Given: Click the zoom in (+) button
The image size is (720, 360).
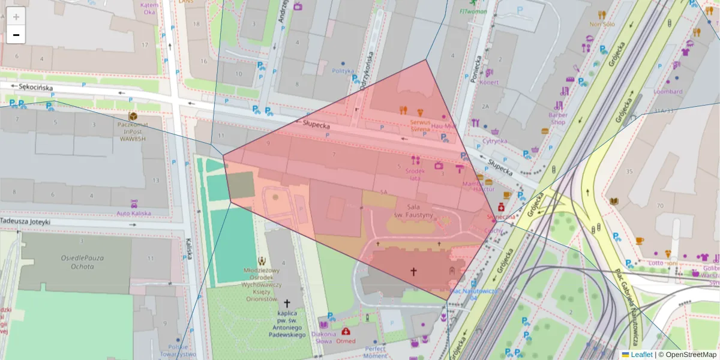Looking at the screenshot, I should tap(16, 16).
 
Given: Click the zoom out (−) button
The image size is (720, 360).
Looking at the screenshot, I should tap(16, 35).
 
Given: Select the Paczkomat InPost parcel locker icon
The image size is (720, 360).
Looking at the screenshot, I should tap(133, 116).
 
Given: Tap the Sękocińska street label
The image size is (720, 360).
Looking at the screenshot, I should tap(35, 88).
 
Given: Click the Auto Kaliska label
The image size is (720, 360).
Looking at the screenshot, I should tap(133, 213).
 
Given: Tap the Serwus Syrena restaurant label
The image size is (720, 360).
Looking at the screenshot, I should tap(419, 125).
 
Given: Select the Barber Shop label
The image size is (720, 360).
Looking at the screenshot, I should tap(558, 118).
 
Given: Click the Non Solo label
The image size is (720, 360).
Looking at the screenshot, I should tap(602, 25).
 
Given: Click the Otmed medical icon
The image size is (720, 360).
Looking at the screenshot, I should tap(346, 331).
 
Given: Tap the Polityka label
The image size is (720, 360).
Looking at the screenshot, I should tap(343, 71).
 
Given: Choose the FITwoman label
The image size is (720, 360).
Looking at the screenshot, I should tap(475, 11).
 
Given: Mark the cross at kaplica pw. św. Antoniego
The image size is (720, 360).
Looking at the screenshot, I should tap(286, 304).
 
